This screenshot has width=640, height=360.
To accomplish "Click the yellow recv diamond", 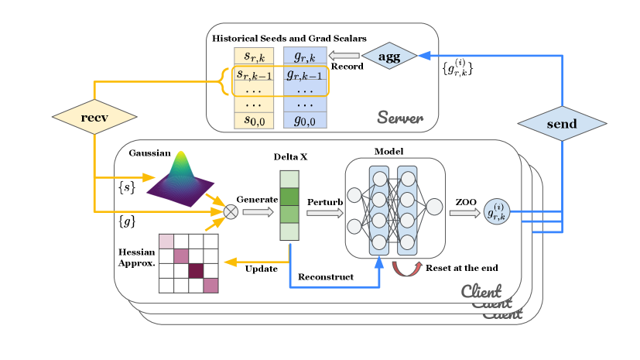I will (x=94, y=118).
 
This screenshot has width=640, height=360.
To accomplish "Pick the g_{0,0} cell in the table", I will (x=305, y=120).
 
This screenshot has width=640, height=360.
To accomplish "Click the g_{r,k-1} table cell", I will (x=305, y=75).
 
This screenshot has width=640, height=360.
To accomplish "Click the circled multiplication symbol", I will (x=230, y=211).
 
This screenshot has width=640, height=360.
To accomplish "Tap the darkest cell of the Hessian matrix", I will (x=195, y=270).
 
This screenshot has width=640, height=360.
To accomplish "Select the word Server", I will (x=399, y=117).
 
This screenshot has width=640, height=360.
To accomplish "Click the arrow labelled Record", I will (x=344, y=57).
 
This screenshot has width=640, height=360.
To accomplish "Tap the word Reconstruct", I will (x=326, y=276).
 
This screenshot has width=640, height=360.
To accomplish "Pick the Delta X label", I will (x=291, y=156).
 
